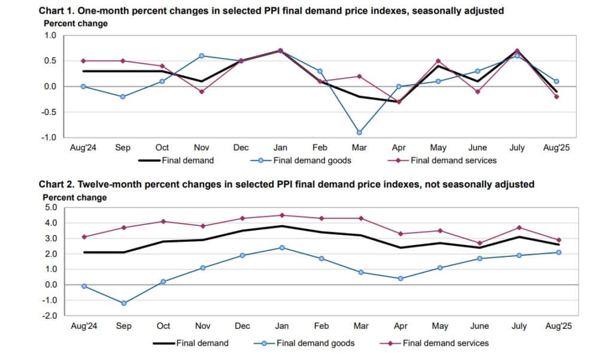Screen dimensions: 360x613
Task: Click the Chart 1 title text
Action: click(280, 11)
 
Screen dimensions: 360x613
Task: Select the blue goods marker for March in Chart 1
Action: click(359, 132)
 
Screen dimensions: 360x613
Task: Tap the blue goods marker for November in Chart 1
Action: click(201, 56)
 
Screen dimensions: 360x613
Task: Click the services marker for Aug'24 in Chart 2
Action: click(84, 237)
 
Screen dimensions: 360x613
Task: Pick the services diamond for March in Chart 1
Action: click(359, 76)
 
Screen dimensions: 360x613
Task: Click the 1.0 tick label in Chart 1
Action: click(50, 35)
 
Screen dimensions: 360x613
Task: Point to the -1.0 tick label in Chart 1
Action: click(48, 137)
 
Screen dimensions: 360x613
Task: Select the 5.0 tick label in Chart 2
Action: click(50, 208)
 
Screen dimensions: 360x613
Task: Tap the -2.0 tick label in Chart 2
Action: click(48, 316)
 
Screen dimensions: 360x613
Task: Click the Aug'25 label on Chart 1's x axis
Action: click(557, 147)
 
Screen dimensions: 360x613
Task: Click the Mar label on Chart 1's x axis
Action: click(359, 147)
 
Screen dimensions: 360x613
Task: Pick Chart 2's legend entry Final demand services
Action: click(445, 343)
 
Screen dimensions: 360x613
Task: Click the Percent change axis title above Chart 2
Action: click(75, 197)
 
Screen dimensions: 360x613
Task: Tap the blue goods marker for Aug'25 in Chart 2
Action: click(557, 252)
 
